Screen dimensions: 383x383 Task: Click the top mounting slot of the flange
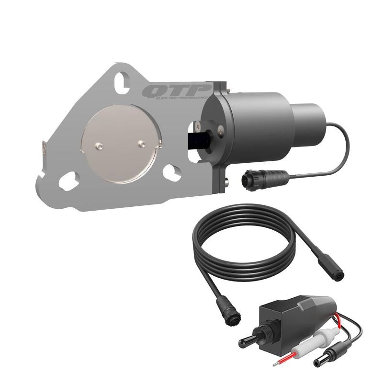pos(124,79)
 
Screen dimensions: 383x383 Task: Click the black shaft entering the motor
pos(196,140)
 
